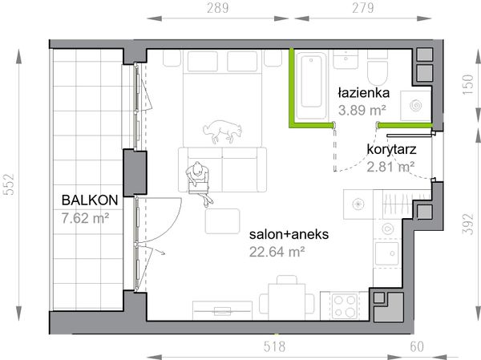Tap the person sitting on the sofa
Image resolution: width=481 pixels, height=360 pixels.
point(197,177)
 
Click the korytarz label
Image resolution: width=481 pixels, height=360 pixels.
point(390,149)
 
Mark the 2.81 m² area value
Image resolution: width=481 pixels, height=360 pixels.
point(390,167)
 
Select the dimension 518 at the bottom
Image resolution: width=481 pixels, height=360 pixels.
point(275,346)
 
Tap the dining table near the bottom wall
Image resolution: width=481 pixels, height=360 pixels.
point(285,297)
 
